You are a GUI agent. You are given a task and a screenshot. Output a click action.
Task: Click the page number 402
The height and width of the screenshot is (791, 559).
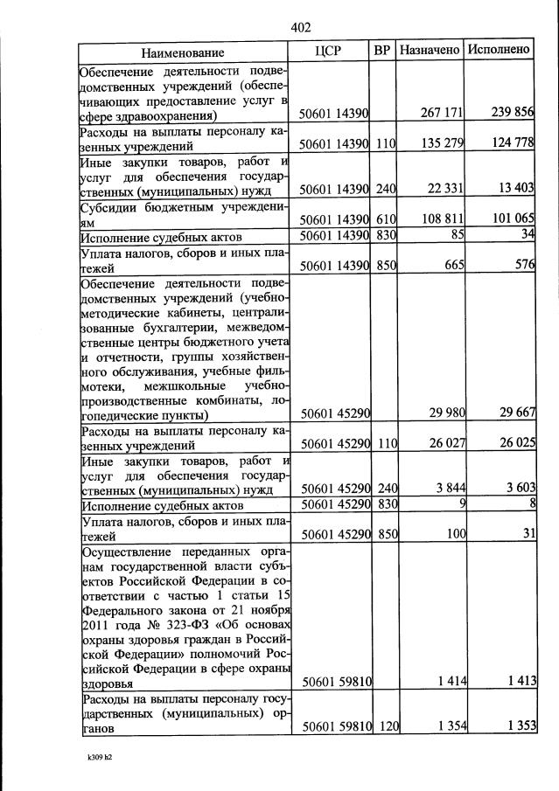pos(300,27)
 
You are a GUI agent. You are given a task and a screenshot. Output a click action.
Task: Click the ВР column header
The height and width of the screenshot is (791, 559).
pos(381,51)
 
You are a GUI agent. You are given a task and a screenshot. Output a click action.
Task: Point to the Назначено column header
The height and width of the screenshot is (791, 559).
pos(429,51)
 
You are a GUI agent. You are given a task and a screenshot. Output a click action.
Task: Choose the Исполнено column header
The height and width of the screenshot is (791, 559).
pos(499,50)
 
